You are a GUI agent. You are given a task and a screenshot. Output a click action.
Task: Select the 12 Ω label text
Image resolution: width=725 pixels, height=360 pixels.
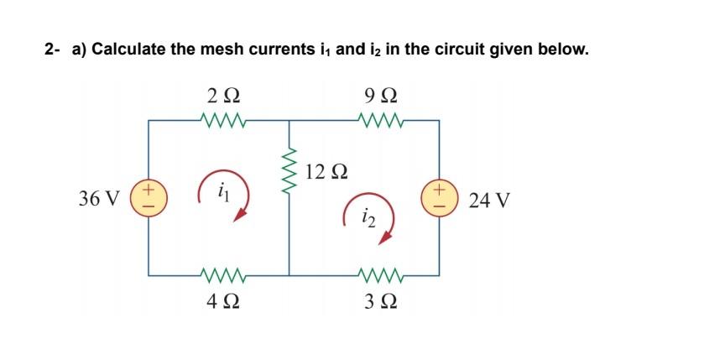click(327, 172)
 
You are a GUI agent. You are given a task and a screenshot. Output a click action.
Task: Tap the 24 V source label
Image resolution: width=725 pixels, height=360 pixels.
click(490, 201)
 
